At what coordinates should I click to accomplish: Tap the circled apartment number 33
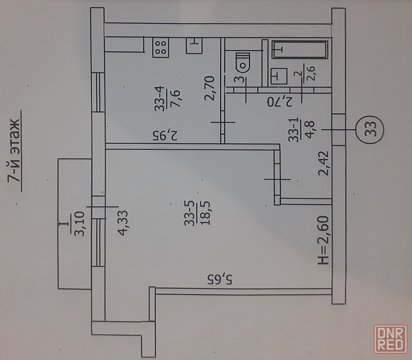tap(370, 130)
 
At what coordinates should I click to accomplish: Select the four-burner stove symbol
tap(161, 47)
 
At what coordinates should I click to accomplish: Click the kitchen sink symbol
tap(194, 46)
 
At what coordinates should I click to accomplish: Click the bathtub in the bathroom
tap(300, 49)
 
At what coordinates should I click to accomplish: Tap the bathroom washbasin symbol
tap(279, 76)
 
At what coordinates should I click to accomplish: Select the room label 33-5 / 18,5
tap(197, 213)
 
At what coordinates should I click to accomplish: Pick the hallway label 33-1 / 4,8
tap(301, 130)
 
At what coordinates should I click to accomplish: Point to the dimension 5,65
tap(220, 279)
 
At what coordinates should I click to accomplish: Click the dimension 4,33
tap(122, 223)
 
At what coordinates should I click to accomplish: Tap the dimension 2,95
tap(165, 135)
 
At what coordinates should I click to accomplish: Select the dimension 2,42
tap(323, 163)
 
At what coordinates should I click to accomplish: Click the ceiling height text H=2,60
tap(323, 240)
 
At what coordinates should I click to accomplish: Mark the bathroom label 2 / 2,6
tap(304, 73)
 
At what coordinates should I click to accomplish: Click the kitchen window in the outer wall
tap(98, 92)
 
